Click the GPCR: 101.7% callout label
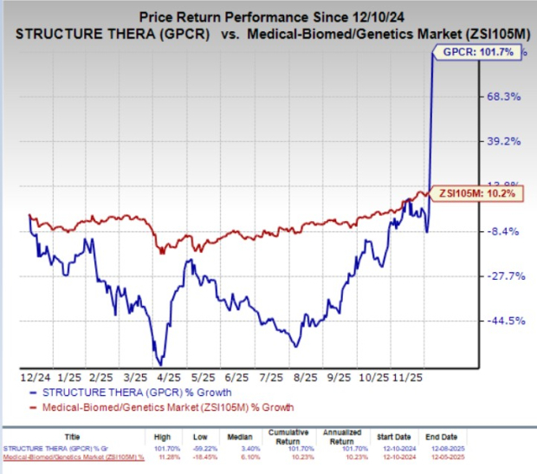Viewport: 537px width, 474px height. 473,54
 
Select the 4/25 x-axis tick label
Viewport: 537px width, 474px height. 164,378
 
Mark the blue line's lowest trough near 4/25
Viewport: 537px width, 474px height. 159,363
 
